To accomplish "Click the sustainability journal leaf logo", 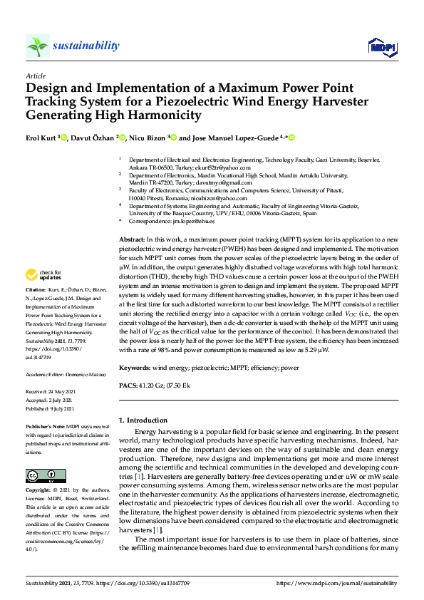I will [x=37, y=46].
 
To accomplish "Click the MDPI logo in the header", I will [x=381, y=46].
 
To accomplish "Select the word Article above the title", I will [x=35, y=76].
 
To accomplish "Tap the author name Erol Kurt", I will [x=41, y=138].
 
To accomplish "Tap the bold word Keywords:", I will [x=135, y=367].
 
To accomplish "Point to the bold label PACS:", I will [x=128, y=386].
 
